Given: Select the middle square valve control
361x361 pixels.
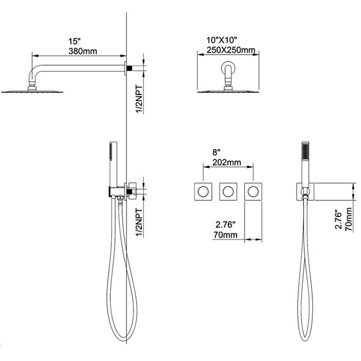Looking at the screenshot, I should coord(228,191).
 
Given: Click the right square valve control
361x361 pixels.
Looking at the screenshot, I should coord(253,191).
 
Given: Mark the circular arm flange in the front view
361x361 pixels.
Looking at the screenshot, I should coord(229,70).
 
